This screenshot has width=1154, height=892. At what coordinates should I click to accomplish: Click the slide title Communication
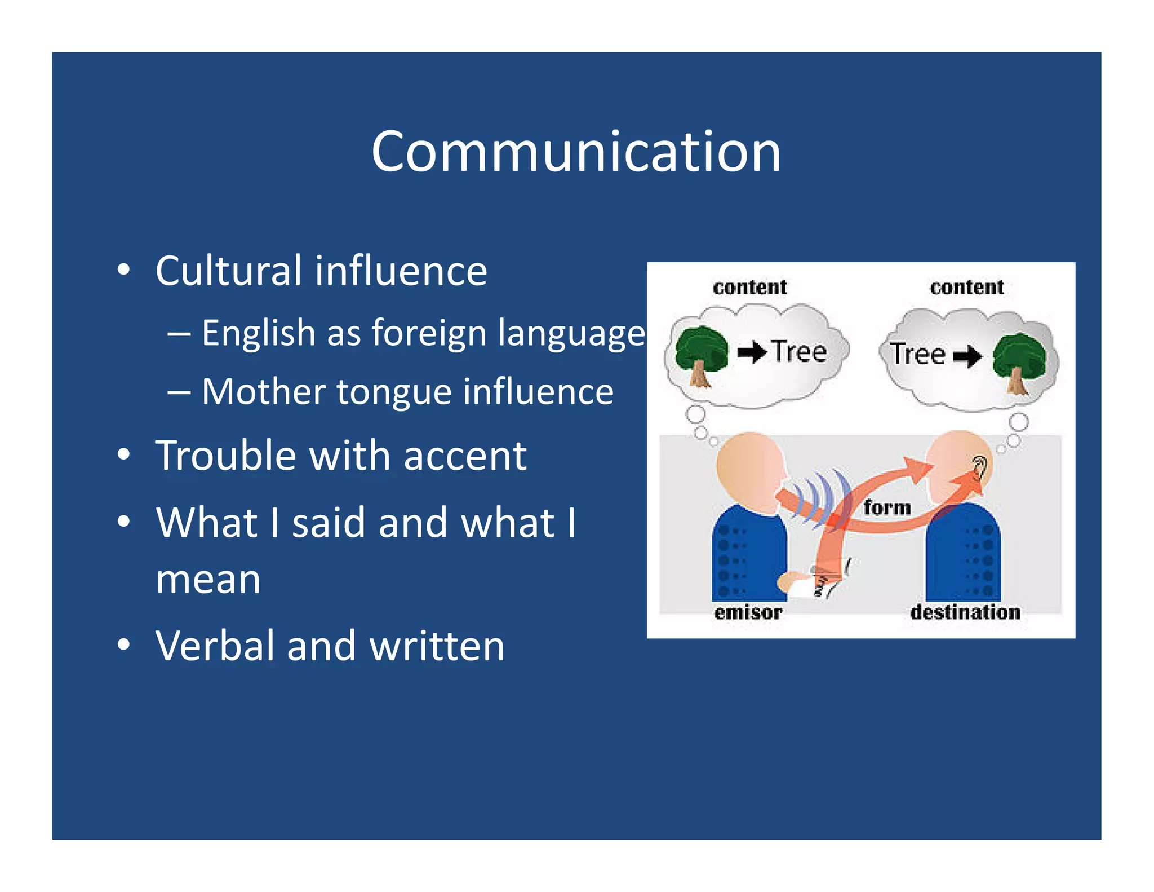point(576,152)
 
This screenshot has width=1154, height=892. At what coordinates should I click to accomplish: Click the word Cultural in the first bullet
point(229,271)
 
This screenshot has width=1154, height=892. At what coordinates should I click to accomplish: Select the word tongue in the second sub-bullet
point(394,392)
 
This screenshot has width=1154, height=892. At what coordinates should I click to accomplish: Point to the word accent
point(465,456)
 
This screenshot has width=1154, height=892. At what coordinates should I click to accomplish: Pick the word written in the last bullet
point(437,646)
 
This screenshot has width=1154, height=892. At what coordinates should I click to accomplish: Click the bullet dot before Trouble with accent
point(124,454)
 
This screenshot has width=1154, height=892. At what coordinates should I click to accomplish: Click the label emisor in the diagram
point(748,612)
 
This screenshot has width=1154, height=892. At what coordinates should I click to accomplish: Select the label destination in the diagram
point(965,612)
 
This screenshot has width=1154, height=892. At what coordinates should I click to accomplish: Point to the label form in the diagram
point(887,507)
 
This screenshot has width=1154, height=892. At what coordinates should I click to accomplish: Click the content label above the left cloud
point(749,287)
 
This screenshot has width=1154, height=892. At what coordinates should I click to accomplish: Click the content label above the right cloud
point(966,287)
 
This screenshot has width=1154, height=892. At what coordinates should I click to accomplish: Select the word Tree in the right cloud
point(917,354)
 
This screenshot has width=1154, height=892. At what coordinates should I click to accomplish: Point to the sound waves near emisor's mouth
point(820,496)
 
